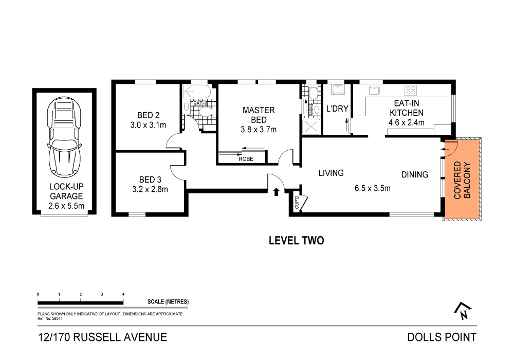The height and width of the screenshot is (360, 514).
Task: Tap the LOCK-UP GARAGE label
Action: click(x=66, y=196)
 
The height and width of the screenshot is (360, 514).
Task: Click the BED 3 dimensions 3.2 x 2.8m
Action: click(x=150, y=189)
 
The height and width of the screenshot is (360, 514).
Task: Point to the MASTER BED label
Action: click(x=259, y=115)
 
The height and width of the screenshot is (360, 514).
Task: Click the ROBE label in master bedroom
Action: click(x=246, y=159)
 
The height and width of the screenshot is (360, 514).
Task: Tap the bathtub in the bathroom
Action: click(x=195, y=94)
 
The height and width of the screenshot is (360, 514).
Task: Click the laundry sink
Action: click(x=337, y=91)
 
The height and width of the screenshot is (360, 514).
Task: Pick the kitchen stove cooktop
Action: click(x=411, y=91)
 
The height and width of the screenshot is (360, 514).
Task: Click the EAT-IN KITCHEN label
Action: click(x=406, y=107)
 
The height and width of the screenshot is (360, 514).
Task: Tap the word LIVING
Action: click(x=331, y=173)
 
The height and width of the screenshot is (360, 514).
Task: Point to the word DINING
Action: click(x=414, y=174)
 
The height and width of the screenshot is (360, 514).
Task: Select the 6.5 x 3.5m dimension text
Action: click(x=372, y=188)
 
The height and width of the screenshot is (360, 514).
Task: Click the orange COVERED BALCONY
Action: click(x=462, y=179)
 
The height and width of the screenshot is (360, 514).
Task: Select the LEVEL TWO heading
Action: click(x=297, y=240)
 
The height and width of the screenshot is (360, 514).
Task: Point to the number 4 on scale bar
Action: click(x=123, y=294)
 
